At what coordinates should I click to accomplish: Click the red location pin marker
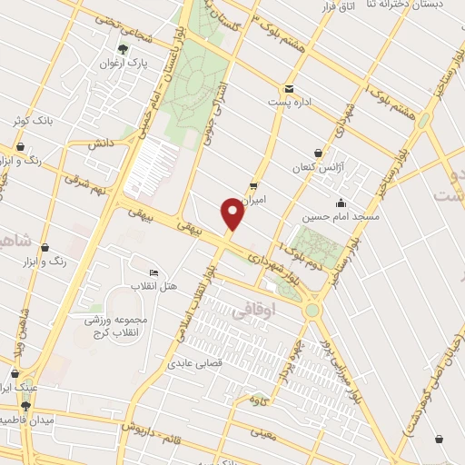click(232, 213)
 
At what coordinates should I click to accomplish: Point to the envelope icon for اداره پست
click(289, 88)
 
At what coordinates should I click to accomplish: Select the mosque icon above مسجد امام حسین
click(340, 203)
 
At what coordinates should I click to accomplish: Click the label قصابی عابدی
click(193, 364)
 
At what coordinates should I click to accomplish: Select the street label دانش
click(101, 143)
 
